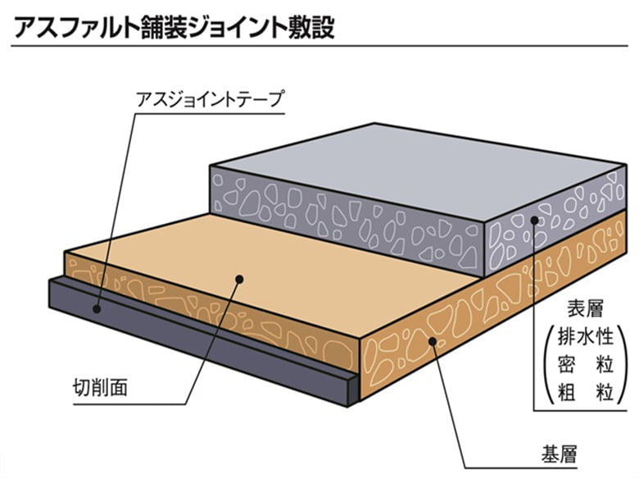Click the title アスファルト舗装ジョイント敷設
(x=171, y=26)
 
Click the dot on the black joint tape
(x=97, y=309)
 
